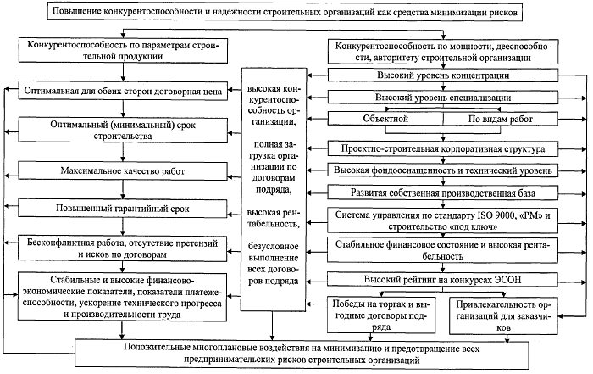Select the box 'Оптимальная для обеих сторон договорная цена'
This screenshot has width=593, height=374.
click(x=124, y=88)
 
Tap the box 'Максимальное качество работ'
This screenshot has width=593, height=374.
click(x=124, y=172)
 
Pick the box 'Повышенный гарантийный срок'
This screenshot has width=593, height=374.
click(x=124, y=208)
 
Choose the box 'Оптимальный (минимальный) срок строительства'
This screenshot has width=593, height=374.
click(x=124, y=130)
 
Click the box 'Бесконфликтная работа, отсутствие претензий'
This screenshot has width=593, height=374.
click(x=124, y=247)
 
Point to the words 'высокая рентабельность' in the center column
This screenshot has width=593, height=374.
click(x=273, y=215)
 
